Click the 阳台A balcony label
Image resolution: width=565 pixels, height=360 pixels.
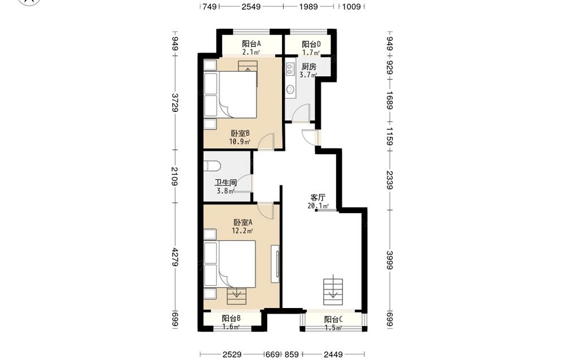[x=251, y=44]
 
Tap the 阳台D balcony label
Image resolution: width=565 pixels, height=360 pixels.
[x=311, y=44]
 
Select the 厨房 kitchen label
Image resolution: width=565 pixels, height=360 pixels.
[x=309, y=67]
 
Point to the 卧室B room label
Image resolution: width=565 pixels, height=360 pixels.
[x=240, y=133]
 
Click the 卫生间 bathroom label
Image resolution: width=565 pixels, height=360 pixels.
[x=225, y=183]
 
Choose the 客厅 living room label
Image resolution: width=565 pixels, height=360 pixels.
[x=318, y=197]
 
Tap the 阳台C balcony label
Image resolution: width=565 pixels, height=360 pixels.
[x=333, y=319]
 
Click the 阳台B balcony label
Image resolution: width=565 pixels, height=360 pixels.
[x=231, y=319]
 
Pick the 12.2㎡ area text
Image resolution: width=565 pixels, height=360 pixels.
[x=242, y=231]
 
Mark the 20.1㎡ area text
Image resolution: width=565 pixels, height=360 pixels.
[x=318, y=206]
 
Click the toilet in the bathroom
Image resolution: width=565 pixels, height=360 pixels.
[x=212, y=166]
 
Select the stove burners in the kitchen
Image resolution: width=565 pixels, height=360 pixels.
[x=290, y=69]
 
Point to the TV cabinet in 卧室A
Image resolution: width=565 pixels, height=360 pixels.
[x=275, y=264]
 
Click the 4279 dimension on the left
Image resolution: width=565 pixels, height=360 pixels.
[x=175, y=257]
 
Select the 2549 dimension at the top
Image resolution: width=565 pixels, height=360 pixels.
[x=251, y=6]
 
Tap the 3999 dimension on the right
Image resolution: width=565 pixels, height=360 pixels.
[x=390, y=260]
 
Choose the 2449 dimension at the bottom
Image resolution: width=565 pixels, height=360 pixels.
[x=333, y=354]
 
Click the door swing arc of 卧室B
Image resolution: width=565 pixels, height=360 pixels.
[x=267, y=141]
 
